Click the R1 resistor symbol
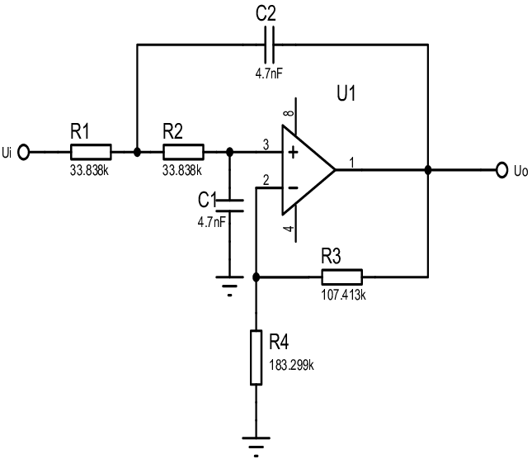tap(90, 152)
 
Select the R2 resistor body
tap(183, 152)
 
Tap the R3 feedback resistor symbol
tap(341, 277)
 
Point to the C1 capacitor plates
tap(230, 201)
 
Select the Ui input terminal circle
tap(24, 152)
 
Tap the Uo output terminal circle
tap(502, 170)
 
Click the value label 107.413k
tap(341, 292)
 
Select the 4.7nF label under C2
tap(270, 73)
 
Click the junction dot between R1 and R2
tap(137, 152)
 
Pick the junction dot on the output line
tap(428, 170)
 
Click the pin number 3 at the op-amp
tap(265, 144)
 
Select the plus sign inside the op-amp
tap(292, 152)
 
